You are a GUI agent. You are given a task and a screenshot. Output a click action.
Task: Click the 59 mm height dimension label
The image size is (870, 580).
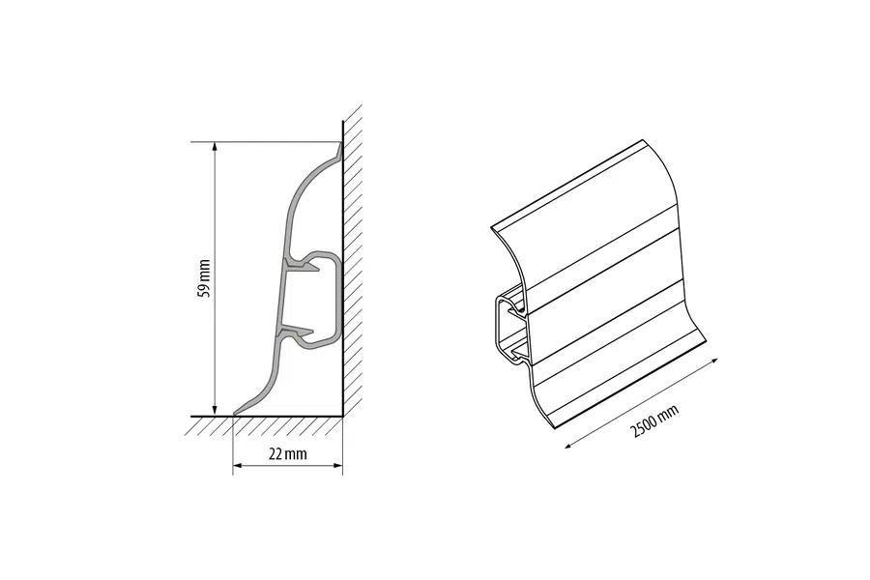[x=204, y=278]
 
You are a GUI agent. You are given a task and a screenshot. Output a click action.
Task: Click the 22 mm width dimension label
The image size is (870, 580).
[x=287, y=454]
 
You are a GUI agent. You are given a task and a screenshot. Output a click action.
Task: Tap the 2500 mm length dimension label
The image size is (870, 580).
[x=654, y=421]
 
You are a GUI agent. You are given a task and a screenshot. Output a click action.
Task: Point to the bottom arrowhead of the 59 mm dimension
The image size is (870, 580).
[x=216, y=410]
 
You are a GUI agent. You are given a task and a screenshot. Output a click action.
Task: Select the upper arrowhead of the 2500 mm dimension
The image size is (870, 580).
[x=713, y=361]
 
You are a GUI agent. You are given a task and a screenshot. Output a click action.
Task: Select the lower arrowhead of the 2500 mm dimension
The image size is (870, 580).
[x=569, y=444]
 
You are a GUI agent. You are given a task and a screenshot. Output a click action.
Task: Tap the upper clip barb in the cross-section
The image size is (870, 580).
[x=303, y=268]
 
